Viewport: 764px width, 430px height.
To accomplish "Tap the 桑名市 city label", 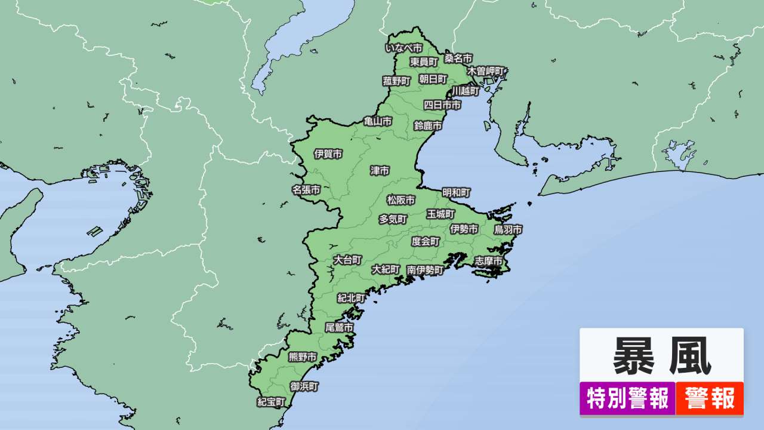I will (x=458, y=59).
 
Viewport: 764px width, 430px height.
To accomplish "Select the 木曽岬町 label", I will (x=486, y=70).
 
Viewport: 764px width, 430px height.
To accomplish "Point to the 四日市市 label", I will (x=442, y=105).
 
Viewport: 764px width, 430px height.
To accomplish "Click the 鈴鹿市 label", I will (x=428, y=126).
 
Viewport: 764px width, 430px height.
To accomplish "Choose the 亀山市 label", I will (x=378, y=121).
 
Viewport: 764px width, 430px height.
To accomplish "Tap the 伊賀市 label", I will (x=328, y=154).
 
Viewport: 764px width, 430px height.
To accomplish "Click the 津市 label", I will (x=380, y=171).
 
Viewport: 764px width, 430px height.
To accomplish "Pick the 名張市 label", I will (x=306, y=190).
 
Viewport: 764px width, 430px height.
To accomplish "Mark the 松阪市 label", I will (x=401, y=200).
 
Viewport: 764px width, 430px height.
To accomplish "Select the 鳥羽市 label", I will (x=508, y=229).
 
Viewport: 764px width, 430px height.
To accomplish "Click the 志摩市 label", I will (x=489, y=261).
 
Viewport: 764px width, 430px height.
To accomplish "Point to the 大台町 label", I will (x=347, y=260).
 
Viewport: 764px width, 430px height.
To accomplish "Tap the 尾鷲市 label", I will (x=338, y=327).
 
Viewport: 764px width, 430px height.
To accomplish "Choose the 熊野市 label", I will (x=303, y=357).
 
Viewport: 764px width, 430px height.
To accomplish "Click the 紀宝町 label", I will (x=272, y=401).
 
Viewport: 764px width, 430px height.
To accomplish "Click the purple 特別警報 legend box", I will (x=627, y=398).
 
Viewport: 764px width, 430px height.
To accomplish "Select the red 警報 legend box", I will (x=710, y=398).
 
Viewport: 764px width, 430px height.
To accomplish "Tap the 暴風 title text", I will (x=661, y=356).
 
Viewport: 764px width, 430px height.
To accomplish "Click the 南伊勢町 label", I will (x=426, y=270).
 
